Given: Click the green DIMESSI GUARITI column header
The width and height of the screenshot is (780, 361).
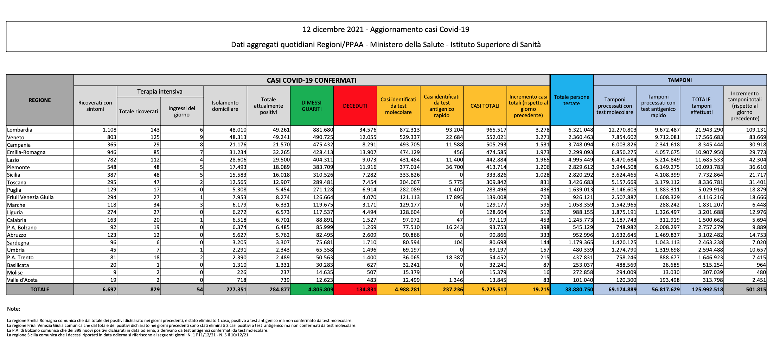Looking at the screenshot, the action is click(x=312, y=106).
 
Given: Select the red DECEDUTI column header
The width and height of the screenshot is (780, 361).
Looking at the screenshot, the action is click(x=355, y=106).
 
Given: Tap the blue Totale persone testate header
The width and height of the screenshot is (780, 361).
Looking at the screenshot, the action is click(x=571, y=100).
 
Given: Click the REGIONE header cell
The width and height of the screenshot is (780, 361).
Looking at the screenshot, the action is click(x=40, y=100).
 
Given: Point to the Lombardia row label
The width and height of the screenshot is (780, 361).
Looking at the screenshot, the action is click(x=20, y=130).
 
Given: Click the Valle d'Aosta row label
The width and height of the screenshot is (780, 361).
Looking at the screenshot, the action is click(x=22, y=280).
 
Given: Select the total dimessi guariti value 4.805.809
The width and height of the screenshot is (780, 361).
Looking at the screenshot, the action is click(x=320, y=290).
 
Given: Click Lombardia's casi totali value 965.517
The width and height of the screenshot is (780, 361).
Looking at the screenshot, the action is click(x=496, y=130).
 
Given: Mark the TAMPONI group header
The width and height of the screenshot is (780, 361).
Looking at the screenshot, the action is click(x=679, y=80).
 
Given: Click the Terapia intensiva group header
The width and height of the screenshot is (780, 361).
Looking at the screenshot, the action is click(x=160, y=91).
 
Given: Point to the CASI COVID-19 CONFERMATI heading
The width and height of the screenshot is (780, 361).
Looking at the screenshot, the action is click(x=312, y=80).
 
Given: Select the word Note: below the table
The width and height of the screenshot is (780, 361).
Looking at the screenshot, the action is click(x=13, y=309).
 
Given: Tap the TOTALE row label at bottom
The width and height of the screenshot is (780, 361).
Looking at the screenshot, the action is click(x=40, y=290).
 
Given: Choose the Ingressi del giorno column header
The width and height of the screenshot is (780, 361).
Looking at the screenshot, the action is click(x=182, y=112).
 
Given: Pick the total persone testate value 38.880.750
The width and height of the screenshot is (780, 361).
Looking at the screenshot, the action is click(x=579, y=290).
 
